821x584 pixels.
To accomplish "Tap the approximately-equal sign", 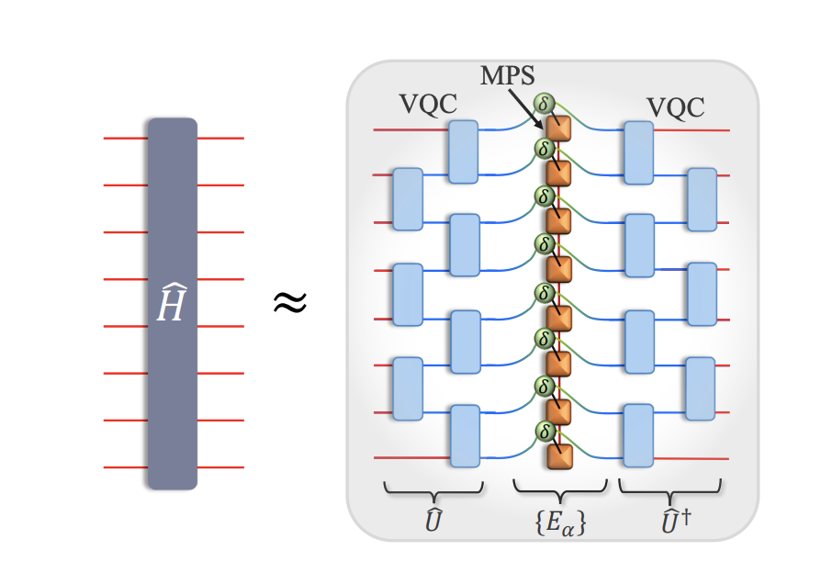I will [289, 302].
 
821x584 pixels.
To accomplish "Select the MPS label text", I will [507, 75].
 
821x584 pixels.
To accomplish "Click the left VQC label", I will [429, 106].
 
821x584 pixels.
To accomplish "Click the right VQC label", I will [676, 107].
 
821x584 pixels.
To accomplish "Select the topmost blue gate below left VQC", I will [464, 152].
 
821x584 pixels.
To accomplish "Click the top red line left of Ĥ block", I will [125, 139].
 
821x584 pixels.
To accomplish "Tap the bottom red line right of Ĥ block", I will [220, 467].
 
